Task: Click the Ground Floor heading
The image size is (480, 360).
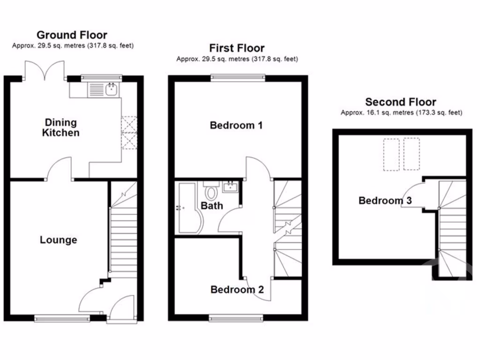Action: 72,35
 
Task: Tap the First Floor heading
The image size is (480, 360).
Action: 237,48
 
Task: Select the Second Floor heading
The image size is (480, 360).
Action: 401,102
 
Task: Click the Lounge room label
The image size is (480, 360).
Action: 58,240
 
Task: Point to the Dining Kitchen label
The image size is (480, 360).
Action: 60,127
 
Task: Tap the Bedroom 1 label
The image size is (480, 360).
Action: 236,126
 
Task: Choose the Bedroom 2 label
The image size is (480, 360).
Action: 237,290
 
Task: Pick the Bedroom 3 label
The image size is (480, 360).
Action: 385,201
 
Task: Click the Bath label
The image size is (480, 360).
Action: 212,205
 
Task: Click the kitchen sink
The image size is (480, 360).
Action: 111,89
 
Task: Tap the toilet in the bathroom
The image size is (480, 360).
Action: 211,191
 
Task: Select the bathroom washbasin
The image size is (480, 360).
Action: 231,187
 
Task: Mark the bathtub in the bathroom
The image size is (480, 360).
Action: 189,209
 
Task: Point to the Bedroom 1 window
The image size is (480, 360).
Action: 237,77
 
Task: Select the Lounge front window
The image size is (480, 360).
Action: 62,318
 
